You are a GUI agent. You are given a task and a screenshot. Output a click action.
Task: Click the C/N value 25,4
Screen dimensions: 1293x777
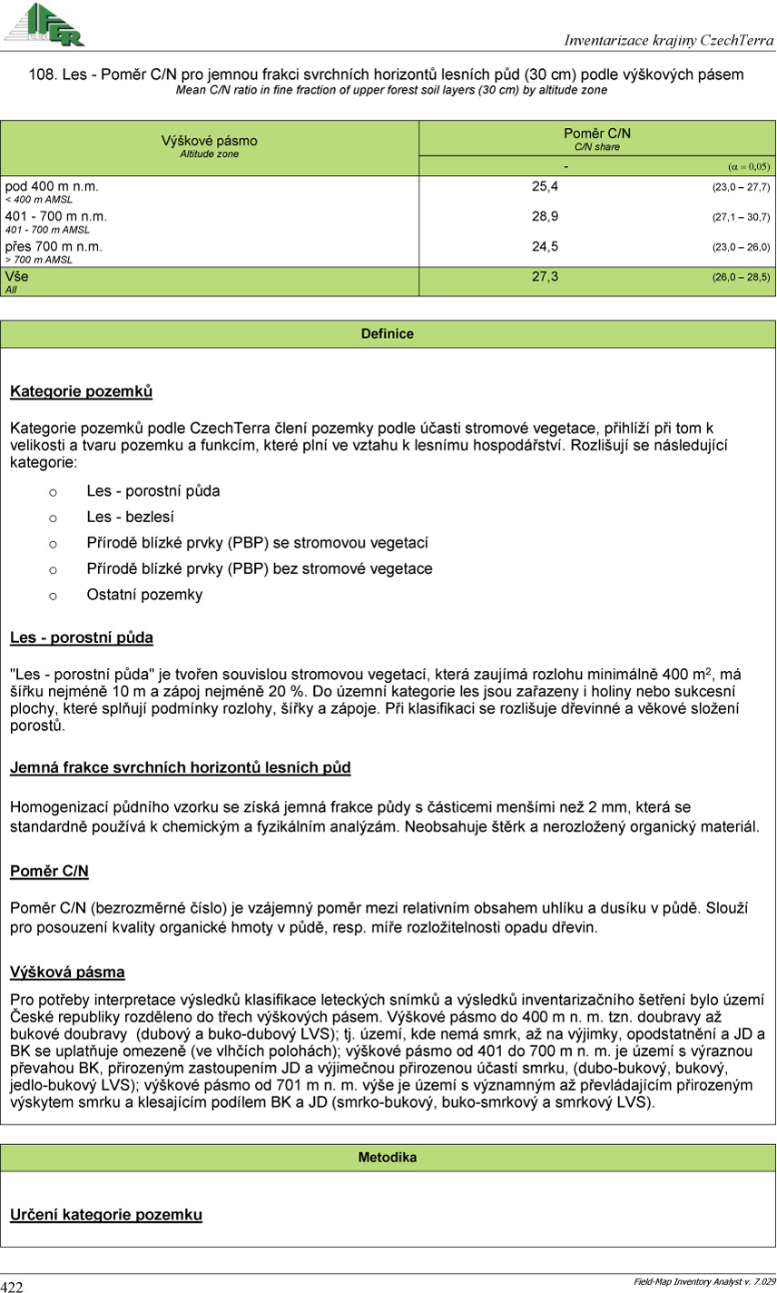[x=545, y=186]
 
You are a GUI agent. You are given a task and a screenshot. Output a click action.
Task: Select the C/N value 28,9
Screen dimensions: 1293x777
[x=545, y=217]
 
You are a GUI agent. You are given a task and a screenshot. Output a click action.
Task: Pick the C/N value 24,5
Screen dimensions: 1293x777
[x=545, y=247]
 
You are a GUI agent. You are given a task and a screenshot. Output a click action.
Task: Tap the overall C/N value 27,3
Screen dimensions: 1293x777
[x=545, y=276]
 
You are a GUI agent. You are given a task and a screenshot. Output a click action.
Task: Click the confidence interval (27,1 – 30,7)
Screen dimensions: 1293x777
[x=741, y=218]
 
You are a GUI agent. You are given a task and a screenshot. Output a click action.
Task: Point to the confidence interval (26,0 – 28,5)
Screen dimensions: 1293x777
[x=741, y=277]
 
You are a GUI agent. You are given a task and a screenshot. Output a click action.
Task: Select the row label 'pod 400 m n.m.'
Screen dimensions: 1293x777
[x=52, y=186]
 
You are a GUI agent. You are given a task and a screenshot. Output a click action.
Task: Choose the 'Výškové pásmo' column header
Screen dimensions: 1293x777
[x=209, y=141]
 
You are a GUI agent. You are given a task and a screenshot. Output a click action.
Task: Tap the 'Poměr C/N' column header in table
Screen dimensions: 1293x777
[x=596, y=133]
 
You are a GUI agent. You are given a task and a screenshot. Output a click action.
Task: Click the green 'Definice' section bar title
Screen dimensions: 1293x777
[x=388, y=334]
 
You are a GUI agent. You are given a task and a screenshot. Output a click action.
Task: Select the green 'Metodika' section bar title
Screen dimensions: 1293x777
[x=388, y=1158]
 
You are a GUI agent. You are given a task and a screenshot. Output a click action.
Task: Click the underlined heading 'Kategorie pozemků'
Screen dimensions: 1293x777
[x=81, y=392]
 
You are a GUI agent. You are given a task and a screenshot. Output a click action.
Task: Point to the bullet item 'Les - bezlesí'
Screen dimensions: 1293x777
[x=130, y=518]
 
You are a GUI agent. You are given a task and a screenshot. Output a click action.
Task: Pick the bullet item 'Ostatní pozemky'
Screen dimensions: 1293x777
[x=144, y=596]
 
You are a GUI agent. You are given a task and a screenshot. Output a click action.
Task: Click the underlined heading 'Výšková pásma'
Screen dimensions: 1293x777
[x=67, y=972]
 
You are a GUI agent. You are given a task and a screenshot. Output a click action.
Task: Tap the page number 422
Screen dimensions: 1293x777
[x=13, y=1286]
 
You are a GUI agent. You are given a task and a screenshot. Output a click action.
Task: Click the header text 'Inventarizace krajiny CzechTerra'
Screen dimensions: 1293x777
[x=668, y=41]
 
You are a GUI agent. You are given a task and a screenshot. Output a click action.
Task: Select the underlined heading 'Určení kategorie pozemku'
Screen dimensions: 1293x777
[x=105, y=1215]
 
